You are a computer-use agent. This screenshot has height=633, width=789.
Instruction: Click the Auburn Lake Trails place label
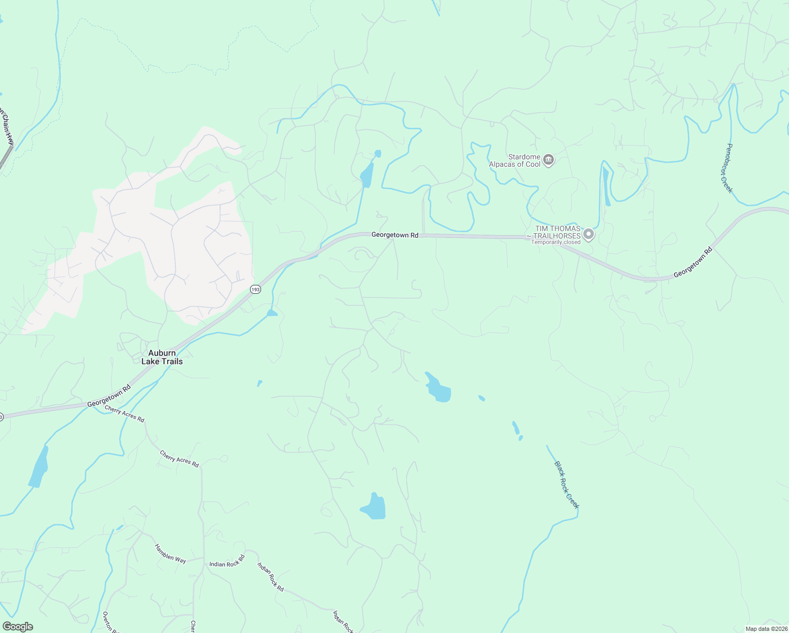coord(162,357)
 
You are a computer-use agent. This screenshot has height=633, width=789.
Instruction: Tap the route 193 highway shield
coord(255,290)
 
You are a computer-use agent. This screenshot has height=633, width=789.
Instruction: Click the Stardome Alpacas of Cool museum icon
coord(549,160)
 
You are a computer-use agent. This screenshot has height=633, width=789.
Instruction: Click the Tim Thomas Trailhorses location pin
coord(589,234)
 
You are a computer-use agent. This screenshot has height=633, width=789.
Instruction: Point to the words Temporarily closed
coord(555,243)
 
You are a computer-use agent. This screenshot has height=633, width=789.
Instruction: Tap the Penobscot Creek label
coord(726,168)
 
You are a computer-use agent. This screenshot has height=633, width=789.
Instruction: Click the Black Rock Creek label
coord(566,485)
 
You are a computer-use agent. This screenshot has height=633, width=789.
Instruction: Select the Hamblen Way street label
coord(170,553)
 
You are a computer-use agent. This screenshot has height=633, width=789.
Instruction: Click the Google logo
coord(18,627)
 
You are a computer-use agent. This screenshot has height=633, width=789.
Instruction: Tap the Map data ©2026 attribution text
coord(766,629)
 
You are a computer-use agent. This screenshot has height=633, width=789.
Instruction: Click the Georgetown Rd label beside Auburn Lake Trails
coord(109,396)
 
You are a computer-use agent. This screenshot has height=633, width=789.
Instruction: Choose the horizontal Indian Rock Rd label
coord(227,561)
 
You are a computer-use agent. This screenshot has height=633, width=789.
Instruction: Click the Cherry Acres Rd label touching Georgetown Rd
coord(124,414)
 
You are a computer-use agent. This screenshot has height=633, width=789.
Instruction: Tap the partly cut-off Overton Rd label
coord(108,621)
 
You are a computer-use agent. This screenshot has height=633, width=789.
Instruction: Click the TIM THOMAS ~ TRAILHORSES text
coord(555,232)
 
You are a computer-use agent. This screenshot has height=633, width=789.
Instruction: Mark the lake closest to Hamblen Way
coord(39,466)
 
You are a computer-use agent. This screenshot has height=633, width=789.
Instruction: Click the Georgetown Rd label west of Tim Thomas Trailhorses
coord(395,235)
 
